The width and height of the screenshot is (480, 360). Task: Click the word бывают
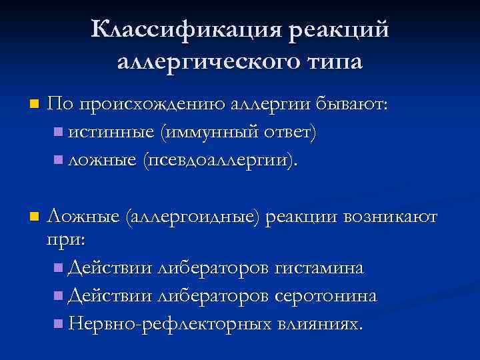pyautogui.click(x=352, y=104)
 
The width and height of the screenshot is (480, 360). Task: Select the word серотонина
pyautogui.click(x=327, y=295)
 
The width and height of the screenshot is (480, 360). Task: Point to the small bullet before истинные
pyautogui.click(x=58, y=132)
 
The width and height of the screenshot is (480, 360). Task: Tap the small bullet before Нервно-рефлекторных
pyautogui.click(x=58, y=324)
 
